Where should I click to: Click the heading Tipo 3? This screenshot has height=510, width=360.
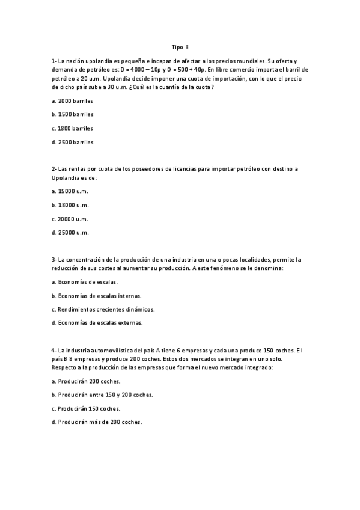point(180,46)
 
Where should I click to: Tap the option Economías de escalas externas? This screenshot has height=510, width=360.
point(97,323)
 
